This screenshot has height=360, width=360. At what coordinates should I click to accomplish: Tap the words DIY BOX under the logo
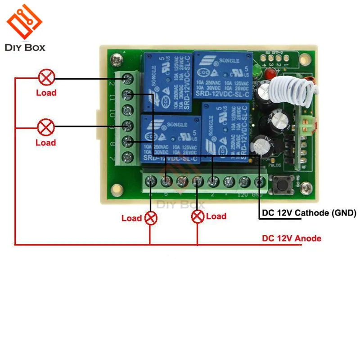[26, 47]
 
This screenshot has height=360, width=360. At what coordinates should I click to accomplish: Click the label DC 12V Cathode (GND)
[308, 213]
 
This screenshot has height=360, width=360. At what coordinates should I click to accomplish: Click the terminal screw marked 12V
[244, 182]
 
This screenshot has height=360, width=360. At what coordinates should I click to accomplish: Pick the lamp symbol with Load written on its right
[197, 217]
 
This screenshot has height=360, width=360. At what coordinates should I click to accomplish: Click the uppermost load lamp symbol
[46, 78]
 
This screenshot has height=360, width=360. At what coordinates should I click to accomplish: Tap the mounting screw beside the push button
[306, 185]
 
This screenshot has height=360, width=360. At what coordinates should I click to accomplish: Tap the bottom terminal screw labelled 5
[166, 182]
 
